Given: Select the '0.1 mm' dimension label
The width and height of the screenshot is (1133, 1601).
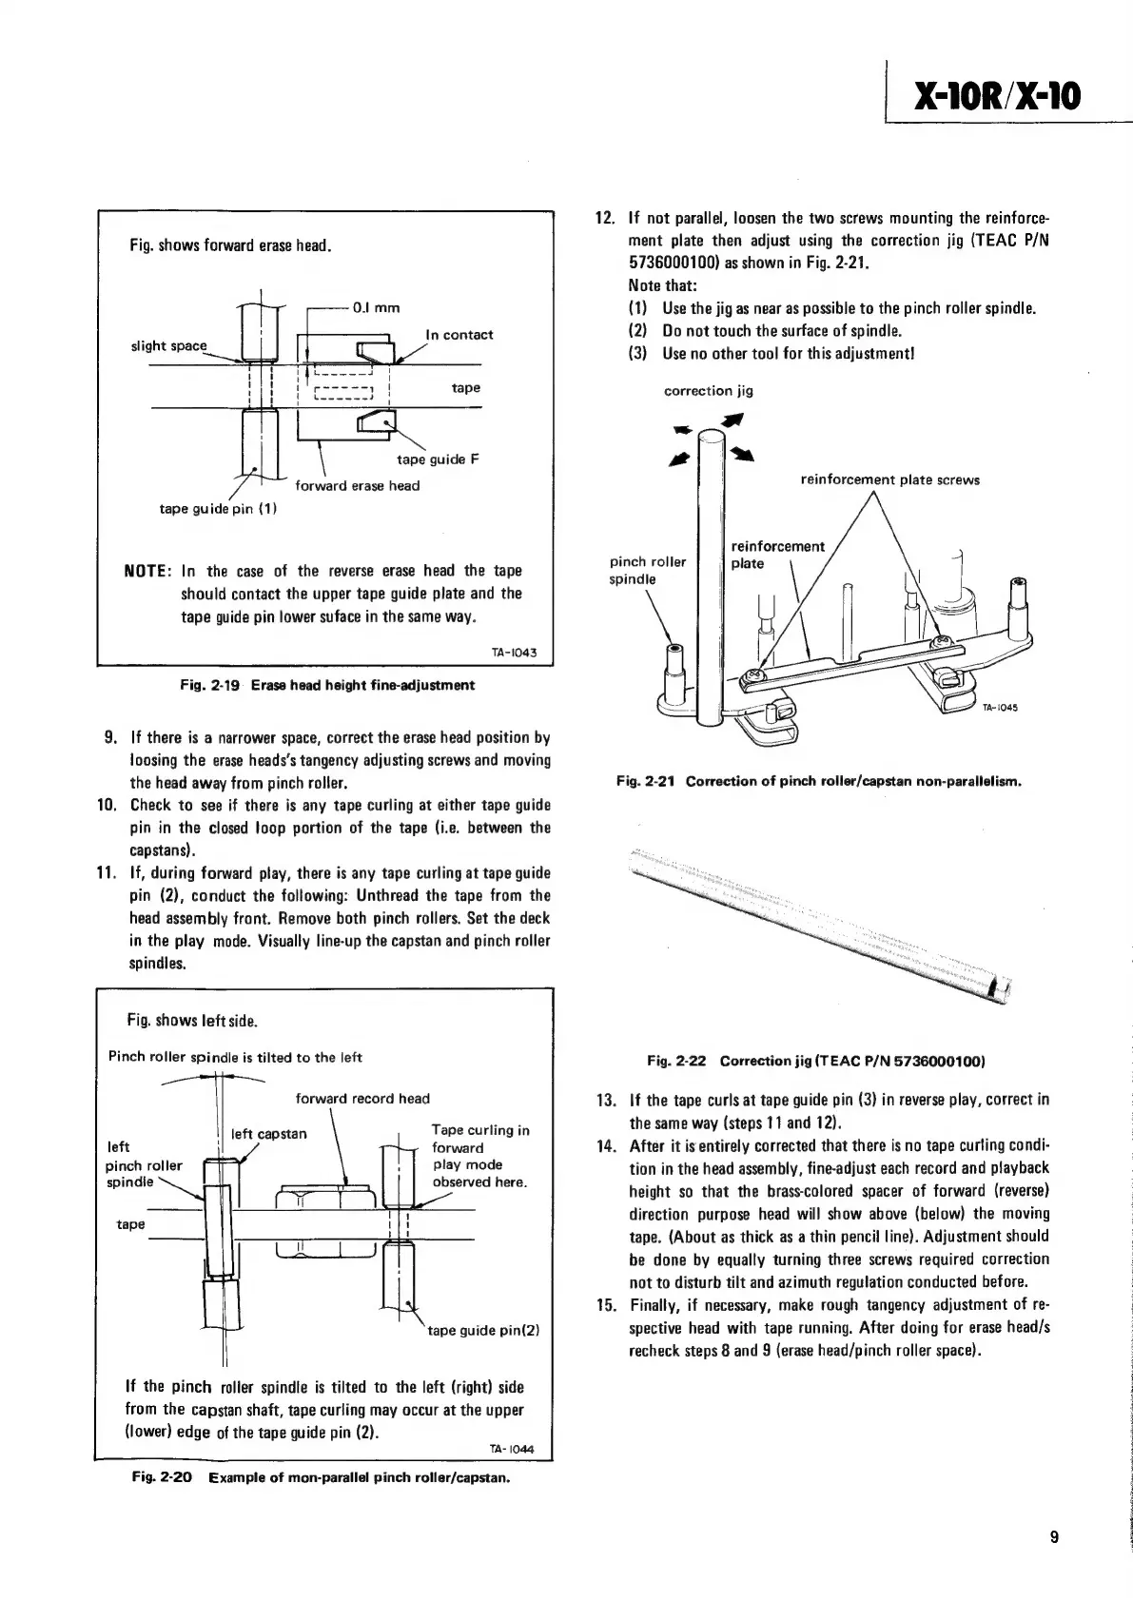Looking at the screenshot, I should tap(376, 307).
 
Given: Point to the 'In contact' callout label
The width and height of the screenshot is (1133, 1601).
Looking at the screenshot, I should tap(459, 335).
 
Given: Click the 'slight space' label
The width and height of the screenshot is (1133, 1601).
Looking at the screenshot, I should tap(168, 345).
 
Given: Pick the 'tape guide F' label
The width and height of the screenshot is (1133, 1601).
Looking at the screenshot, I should tap(438, 459).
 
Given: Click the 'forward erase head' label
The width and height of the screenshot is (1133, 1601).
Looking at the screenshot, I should tap(358, 486).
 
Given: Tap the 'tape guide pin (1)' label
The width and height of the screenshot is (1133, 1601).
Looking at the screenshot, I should tap(218, 508).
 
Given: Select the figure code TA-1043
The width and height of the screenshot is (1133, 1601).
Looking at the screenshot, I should tap(515, 653).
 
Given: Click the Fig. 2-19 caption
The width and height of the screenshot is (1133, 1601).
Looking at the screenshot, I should tap(327, 685).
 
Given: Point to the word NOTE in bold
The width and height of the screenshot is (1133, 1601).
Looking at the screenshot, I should tap(147, 571).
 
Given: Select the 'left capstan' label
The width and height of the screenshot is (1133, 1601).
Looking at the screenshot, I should tap(269, 1134).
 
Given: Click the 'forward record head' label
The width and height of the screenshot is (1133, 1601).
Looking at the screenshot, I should tap(362, 1099).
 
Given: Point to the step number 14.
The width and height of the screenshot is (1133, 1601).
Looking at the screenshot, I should tap(607, 1145).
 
